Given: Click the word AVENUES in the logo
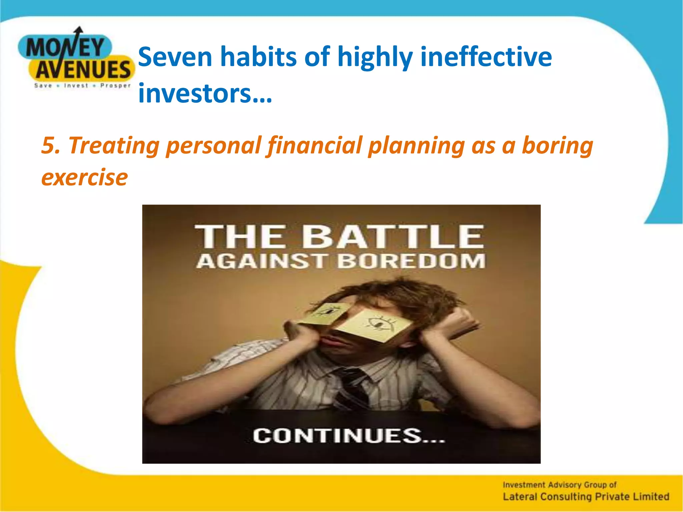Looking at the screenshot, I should click(x=83, y=70).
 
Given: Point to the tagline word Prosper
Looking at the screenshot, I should click(x=115, y=86).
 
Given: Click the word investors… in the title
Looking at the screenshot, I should click(x=205, y=93).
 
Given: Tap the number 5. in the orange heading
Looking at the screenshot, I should click(x=51, y=146).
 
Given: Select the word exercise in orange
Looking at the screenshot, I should click(x=84, y=177).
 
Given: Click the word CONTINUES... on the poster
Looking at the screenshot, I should click(x=349, y=436).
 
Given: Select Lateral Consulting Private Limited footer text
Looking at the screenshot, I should click(x=586, y=497).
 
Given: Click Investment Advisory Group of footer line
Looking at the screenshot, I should click(x=560, y=485).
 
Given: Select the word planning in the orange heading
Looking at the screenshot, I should click(x=416, y=146).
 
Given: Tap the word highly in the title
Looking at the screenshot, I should click(x=375, y=57).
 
